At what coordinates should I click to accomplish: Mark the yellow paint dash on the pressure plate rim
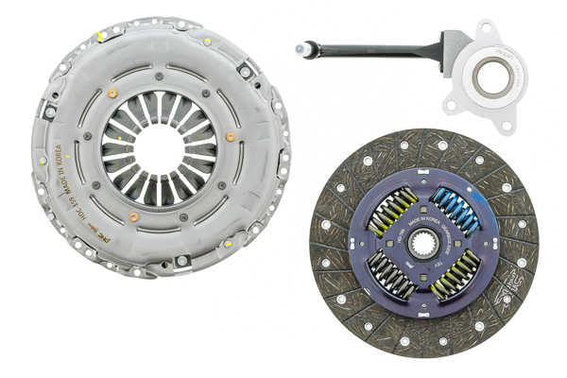coord(98,38)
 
